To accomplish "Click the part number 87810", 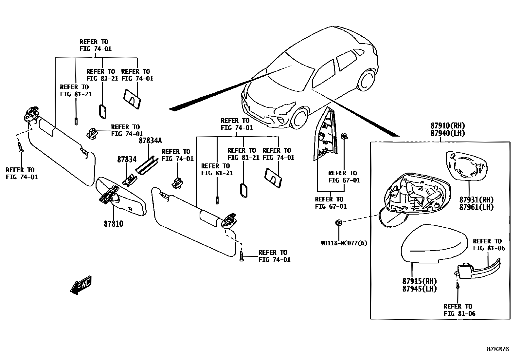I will [x=114, y=224].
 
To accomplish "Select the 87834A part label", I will [x=150, y=141].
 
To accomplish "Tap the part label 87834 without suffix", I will [x=127, y=160].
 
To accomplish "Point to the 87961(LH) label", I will [x=476, y=207].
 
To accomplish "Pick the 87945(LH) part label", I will [x=420, y=289].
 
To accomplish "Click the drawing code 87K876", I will [x=498, y=349].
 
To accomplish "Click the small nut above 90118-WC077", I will [x=339, y=223].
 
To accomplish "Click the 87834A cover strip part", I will [x=147, y=166].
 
